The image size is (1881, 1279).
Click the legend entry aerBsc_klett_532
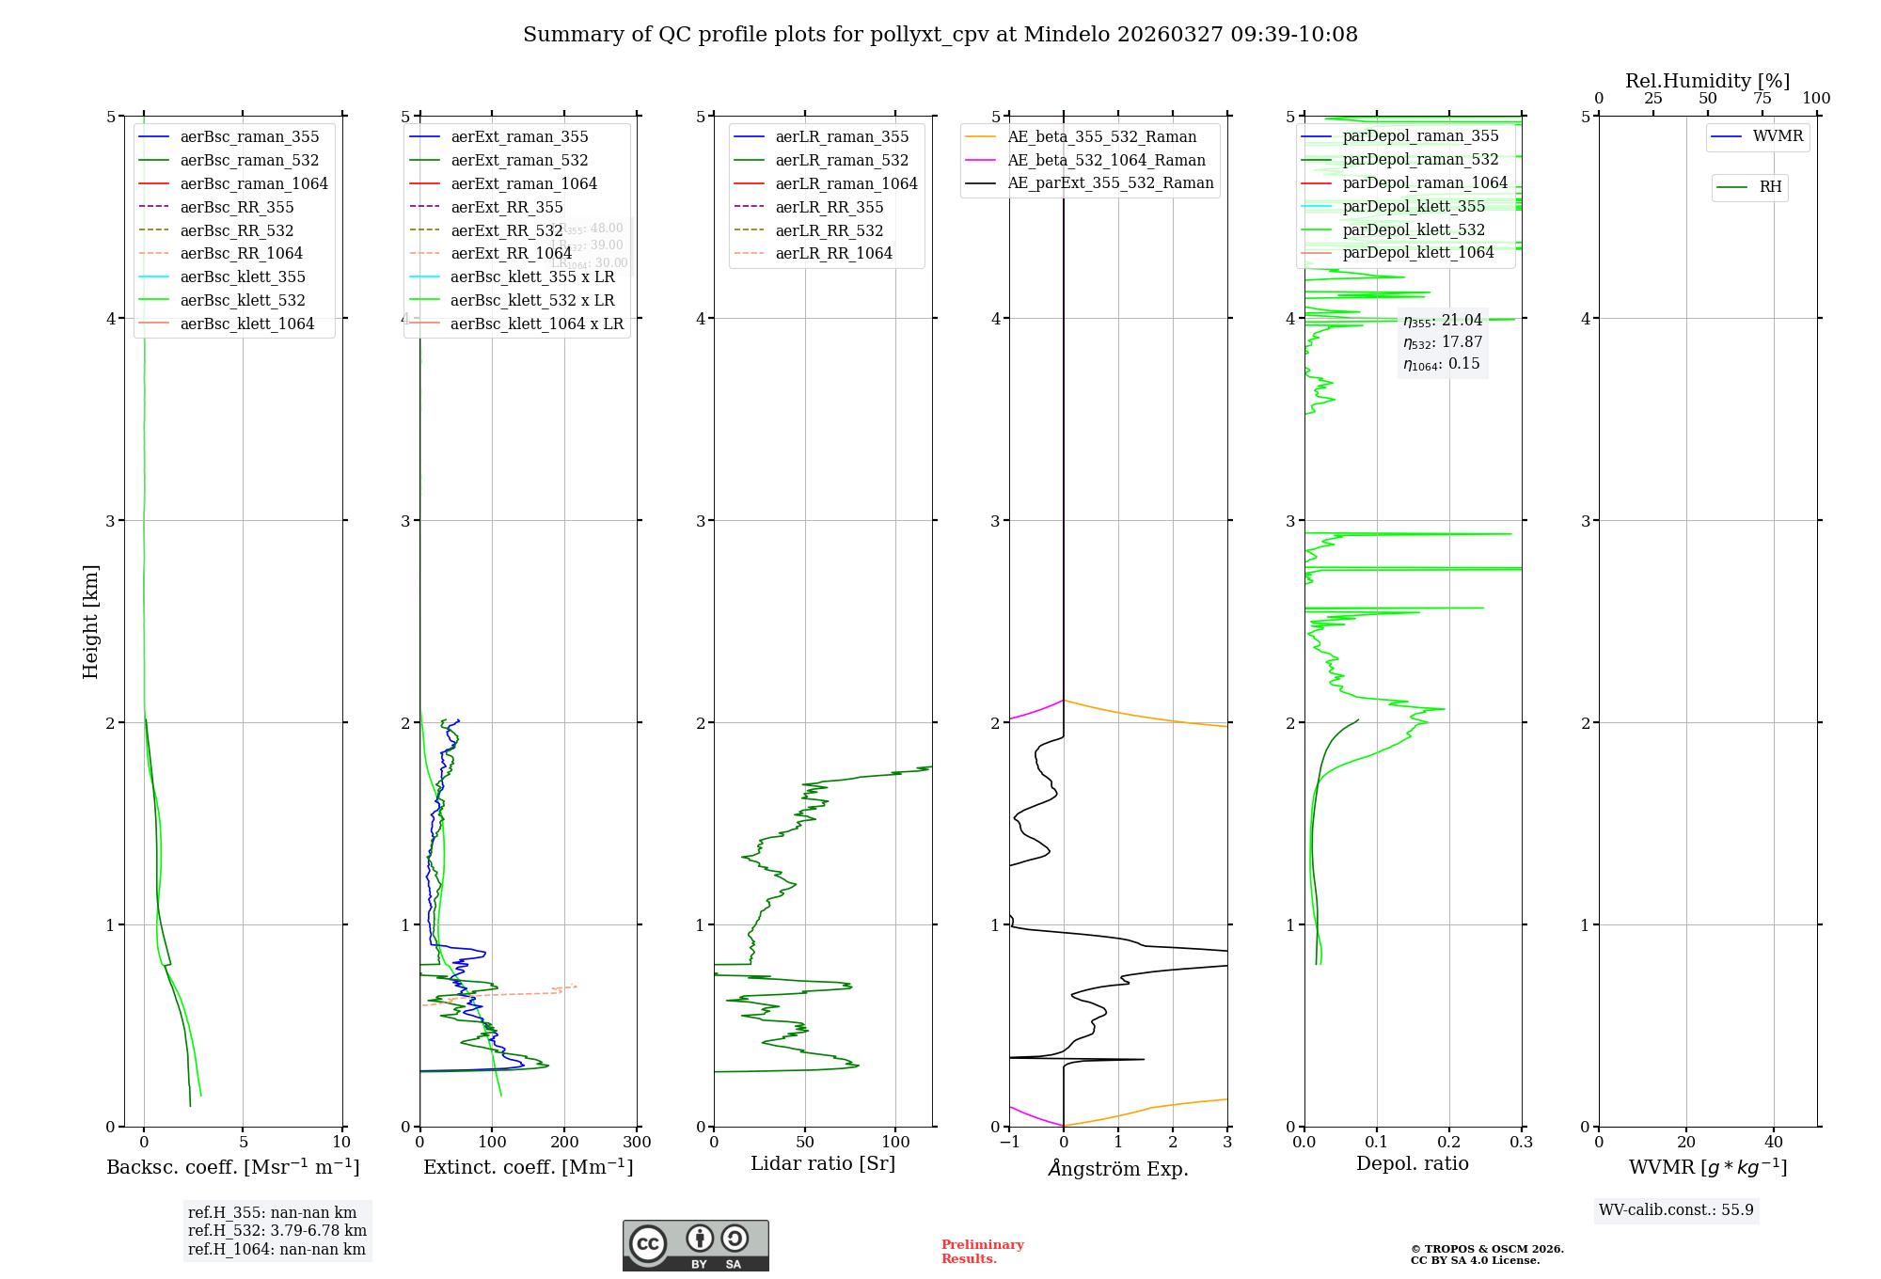point(243,300)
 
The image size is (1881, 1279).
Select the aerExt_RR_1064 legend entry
point(511,253)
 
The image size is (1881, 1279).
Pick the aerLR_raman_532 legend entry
point(842,160)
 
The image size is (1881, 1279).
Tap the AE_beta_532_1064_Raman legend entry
point(1106,160)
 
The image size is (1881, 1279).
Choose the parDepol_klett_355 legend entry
point(1414,206)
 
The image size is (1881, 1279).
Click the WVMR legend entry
point(1778,136)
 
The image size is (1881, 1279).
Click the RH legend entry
point(1770,187)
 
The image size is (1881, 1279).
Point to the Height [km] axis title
point(90,622)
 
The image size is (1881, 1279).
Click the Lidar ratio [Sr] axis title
point(823,1163)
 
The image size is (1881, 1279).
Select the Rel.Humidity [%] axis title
point(1707,81)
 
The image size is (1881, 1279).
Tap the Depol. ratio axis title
point(1412,1163)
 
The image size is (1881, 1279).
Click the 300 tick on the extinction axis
point(638,1143)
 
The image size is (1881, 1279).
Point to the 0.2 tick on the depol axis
point(1449,1143)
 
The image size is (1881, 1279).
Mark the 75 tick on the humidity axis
point(1762,99)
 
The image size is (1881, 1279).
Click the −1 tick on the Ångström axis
point(1009,1143)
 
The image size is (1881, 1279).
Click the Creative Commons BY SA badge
point(695,1245)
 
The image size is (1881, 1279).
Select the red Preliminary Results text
point(982,1252)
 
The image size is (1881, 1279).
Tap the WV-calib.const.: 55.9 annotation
point(1676,1210)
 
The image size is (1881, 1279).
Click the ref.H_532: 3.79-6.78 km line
point(277,1231)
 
